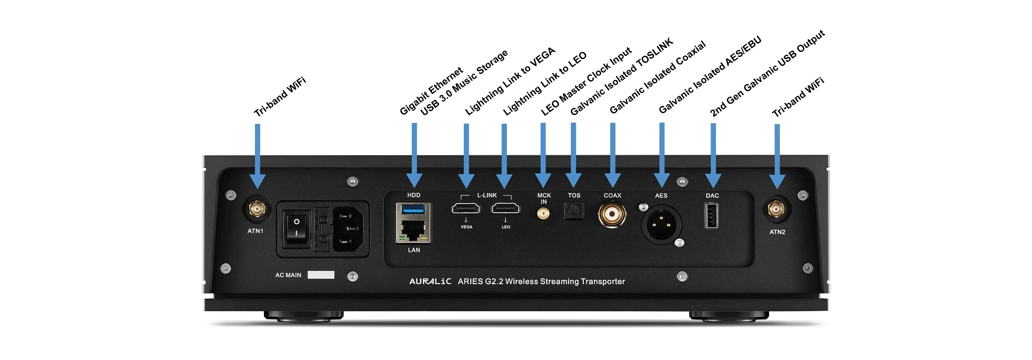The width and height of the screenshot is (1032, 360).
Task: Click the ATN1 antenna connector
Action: (x=256, y=208)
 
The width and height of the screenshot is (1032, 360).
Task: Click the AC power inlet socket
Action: (x=350, y=229)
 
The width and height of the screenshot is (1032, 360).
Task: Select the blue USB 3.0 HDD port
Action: (x=413, y=208)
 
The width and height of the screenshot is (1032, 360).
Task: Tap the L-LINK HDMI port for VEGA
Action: (x=465, y=208)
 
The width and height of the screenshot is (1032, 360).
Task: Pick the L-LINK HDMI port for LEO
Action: (x=505, y=208)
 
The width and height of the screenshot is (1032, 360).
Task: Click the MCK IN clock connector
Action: (x=543, y=214)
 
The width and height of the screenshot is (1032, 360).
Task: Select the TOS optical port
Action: (x=574, y=212)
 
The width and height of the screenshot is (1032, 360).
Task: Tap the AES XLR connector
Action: (x=661, y=224)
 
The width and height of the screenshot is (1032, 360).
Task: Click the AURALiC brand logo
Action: (x=430, y=282)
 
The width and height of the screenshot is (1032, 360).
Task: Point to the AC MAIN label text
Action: (x=288, y=275)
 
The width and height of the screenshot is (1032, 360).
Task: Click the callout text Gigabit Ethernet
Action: (x=431, y=91)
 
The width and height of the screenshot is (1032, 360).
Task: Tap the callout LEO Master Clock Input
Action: (x=586, y=82)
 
